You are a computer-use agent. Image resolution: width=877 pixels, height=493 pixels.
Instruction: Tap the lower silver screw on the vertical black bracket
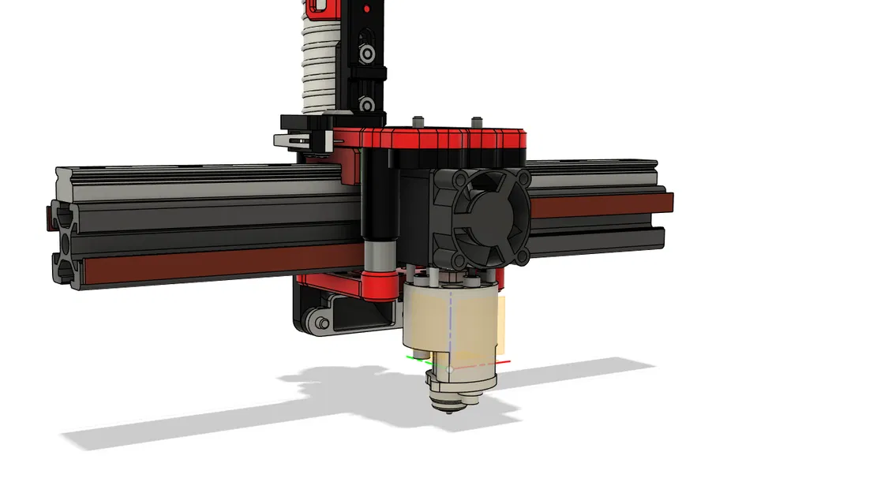point(366,103)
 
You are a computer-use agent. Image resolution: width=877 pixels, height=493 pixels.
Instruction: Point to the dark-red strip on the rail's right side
point(600,205)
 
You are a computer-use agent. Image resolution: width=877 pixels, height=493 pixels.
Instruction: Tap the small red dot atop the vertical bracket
point(365,9)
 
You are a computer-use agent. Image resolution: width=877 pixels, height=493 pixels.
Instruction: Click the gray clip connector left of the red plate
point(302,140)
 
